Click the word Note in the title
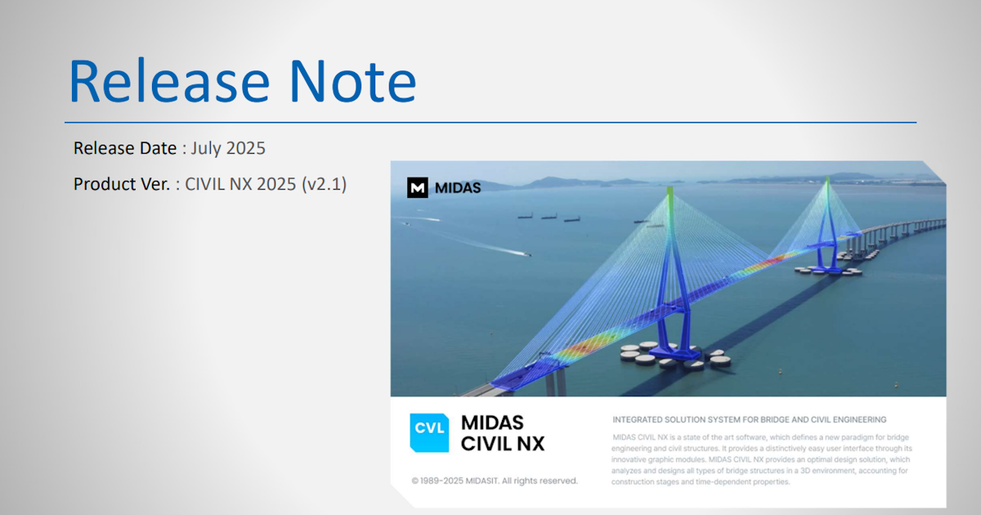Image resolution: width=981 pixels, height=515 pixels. click(352, 82)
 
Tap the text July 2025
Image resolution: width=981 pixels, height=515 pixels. click(228, 149)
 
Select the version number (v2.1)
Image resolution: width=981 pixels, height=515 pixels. click(324, 184)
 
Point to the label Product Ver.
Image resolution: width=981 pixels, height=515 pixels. click(122, 184)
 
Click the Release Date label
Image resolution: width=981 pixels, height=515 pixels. click(125, 148)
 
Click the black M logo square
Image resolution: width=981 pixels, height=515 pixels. click(418, 187)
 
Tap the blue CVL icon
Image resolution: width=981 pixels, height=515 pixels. click(429, 432)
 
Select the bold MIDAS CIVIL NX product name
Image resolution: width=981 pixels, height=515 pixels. click(502, 433)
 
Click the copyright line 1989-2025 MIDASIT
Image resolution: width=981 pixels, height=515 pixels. click(495, 481)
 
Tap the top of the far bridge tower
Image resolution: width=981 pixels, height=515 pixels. click(827, 181)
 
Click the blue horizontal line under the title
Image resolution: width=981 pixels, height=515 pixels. click(490, 122)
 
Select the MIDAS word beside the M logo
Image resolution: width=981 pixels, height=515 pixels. click(458, 188)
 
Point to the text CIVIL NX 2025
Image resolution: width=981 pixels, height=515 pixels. click(240, 184)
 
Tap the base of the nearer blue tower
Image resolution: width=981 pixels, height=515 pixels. click(674, 351)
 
